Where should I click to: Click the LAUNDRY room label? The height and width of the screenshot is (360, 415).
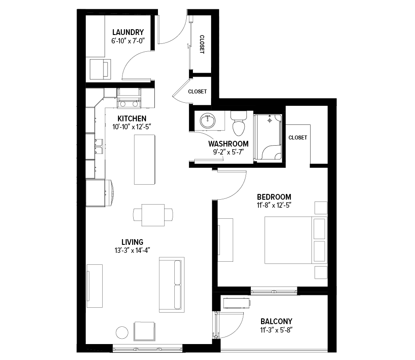point(128,32)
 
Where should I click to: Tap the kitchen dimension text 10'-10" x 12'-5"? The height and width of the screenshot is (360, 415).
point(131,127)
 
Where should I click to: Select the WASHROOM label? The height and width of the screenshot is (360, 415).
point(228,144)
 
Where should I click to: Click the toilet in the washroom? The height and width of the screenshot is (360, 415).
point(239,123)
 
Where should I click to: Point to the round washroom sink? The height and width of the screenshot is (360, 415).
point(208,120)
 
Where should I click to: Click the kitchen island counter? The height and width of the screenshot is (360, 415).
point(145,159)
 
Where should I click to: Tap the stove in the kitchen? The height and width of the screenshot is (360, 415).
point(129,98)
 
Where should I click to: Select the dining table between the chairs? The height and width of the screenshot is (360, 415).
point(153,215)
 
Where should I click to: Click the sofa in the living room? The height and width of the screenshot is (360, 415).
point(172,285)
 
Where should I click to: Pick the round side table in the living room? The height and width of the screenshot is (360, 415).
point(122,332)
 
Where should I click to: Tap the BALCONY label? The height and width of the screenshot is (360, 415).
point(277,321)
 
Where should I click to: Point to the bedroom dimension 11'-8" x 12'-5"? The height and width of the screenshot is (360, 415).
point(274,205)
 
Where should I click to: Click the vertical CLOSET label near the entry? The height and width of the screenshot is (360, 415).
point(202,44)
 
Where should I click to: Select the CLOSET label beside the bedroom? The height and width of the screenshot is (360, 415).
point(298,137)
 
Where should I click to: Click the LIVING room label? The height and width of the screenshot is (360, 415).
point(132,242)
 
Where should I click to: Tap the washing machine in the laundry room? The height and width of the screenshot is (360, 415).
point(100,69)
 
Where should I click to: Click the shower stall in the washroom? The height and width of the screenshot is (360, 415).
point(268,137)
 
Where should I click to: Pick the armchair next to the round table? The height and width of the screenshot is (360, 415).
point(144,331)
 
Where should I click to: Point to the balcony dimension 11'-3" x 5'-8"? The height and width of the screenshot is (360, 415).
point(277,330)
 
